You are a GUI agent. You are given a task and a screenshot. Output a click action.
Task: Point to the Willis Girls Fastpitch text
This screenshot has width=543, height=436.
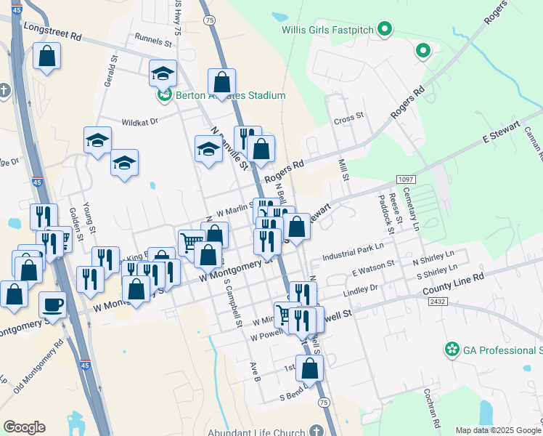[x=329, y=30]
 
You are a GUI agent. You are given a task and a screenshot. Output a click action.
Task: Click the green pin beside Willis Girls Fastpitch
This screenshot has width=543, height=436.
[x=386, y=30]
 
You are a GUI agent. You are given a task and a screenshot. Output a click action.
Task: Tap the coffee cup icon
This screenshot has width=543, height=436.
[x=53, y=304]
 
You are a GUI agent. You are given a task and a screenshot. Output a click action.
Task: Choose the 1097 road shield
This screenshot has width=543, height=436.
[x=406, y=179]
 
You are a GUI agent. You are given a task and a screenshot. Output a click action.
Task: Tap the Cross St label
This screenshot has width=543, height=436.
[x=348, y=119]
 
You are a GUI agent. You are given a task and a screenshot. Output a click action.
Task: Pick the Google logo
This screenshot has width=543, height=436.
[x=24, y=427]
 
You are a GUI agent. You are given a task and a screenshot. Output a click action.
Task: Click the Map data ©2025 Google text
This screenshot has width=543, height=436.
[x=497, y=430]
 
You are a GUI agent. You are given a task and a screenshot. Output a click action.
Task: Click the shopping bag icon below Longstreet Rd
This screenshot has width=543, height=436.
[x=46, y=57]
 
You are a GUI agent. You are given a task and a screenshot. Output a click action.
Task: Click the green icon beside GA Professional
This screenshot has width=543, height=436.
[x=452, y=350]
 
